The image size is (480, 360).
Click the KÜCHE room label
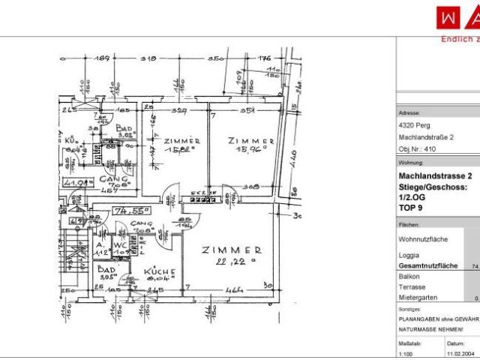(160, 271)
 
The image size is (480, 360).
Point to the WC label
(120, 244)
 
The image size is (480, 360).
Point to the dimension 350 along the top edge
(216, 58)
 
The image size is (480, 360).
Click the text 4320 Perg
(414, 126)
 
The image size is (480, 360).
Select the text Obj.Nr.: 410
(418, 148)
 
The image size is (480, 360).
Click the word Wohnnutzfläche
(424, 238)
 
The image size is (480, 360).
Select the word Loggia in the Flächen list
(410, 255)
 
